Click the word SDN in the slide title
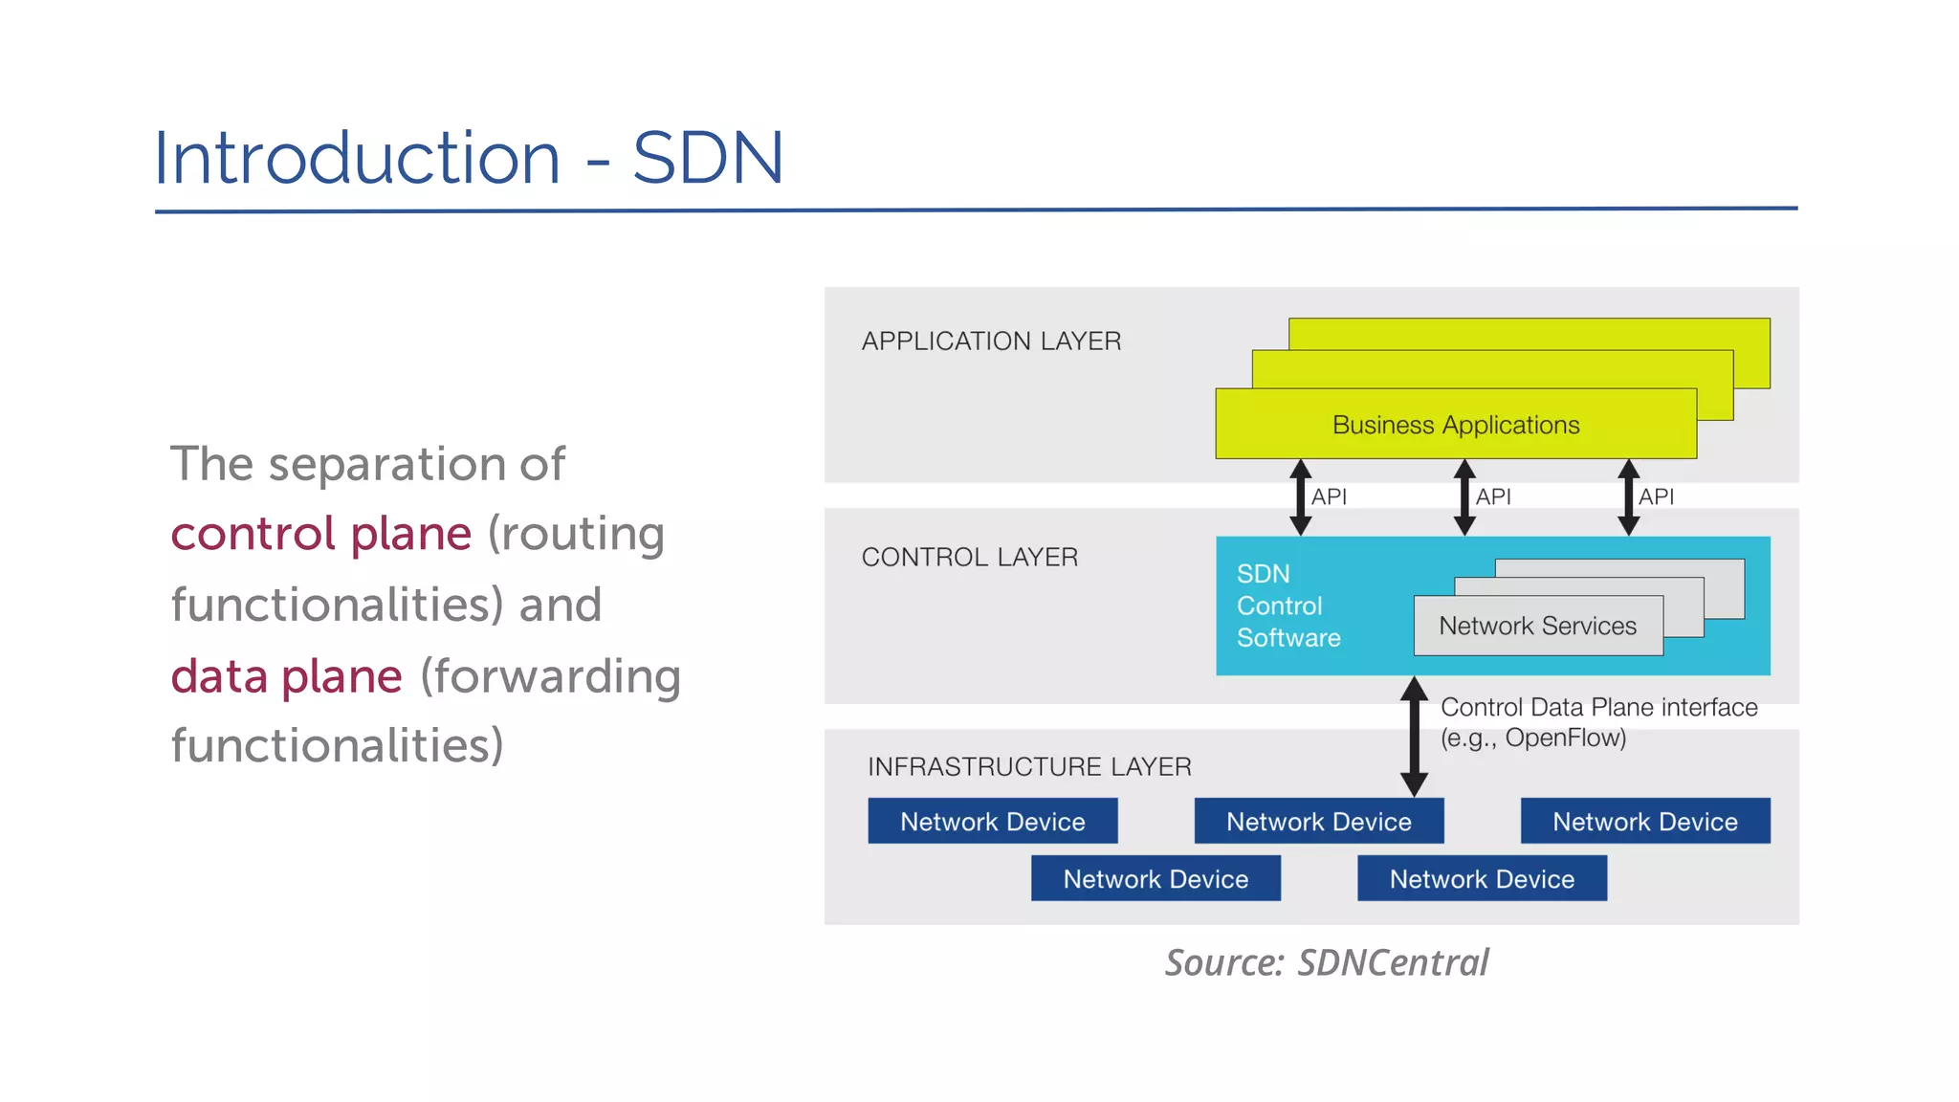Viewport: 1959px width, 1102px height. pos(708,158)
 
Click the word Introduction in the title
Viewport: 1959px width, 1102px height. pos(357,158)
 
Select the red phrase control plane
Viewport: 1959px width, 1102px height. pos(321,534)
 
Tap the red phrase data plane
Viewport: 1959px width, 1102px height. pos(286,676)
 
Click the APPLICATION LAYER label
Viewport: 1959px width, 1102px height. pos(991,342)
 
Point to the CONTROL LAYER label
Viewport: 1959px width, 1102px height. pos(969,558)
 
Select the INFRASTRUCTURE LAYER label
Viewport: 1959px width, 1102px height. pos(1029,767)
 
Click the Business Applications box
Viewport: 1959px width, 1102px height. pos(1455,425)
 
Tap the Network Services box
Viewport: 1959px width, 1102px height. pos(1537,627)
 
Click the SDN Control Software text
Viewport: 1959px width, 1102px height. pos(1287,606)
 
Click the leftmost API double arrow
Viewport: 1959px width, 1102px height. pos(1300,497)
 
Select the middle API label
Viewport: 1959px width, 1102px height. pos(1493,497)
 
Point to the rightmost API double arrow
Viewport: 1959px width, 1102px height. pos(1628,497)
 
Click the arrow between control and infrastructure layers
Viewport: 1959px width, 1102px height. pos(1414,737)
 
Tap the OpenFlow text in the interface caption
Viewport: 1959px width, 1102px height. pos(1564,738)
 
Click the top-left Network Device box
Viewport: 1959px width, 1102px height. pos(992,822)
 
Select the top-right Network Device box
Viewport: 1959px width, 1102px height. pos(1644,822)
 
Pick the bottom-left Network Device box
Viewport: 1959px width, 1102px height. pos(1156,879)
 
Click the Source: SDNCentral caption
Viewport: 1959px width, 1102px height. pos(1326,962)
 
